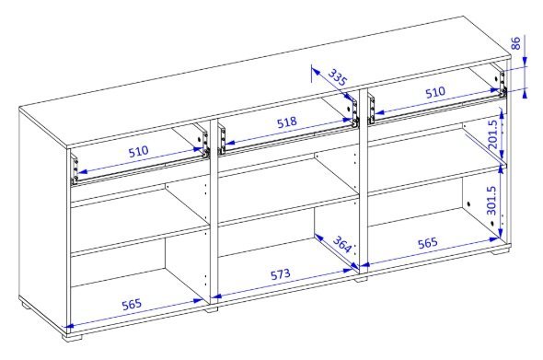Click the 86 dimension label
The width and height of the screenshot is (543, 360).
(515, 43)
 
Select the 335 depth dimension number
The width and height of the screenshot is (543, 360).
(337, 77)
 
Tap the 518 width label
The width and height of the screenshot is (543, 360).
(287, 122)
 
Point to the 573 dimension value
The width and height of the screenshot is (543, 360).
(281, 274)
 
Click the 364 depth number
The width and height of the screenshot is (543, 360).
(342, 245)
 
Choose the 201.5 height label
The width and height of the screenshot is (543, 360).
(492, 134)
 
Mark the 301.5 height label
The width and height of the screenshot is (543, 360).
(491, 201)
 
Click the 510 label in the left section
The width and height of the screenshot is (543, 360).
(139, 151)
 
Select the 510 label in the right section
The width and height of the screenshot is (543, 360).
(435, 92)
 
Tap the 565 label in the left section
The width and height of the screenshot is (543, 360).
(132, 305)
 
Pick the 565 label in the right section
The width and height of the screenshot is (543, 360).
(428, 243)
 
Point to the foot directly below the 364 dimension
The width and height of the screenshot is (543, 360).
(361, 278)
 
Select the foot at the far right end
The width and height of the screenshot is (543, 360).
(503, 250)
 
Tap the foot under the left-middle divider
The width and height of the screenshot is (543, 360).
(212, 309)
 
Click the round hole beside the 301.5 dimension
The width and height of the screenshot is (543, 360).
(468, 204)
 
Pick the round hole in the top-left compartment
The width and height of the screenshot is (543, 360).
(200, 140)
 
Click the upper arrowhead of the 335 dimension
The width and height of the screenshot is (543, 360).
(315, 71)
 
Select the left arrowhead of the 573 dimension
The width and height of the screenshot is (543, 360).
(216, 296)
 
